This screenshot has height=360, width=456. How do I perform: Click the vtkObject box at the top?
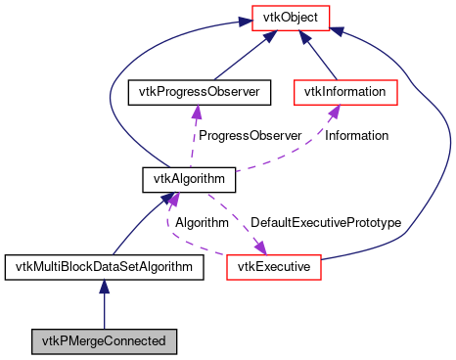(291, 17)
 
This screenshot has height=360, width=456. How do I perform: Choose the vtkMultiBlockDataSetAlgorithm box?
(104, 265)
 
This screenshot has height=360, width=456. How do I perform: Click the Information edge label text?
(356, 135)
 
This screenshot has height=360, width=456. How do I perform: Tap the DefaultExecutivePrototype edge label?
(325, 222)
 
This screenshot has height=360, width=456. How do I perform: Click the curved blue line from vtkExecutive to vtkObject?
(445, 147)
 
